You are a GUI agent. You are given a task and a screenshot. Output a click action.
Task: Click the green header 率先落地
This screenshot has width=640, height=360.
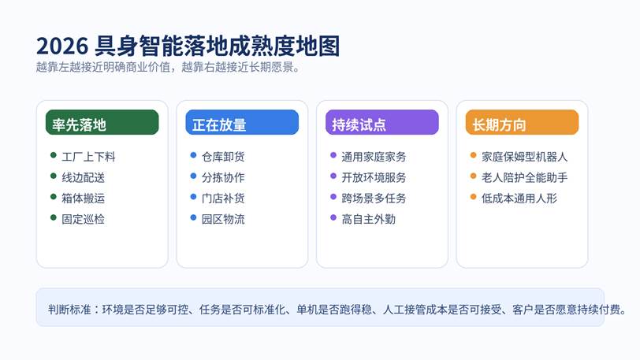pos(102,122)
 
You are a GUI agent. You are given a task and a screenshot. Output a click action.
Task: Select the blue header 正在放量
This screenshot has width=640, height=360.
pos(242,122)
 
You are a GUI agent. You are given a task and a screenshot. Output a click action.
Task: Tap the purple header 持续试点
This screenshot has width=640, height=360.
pos(382,122)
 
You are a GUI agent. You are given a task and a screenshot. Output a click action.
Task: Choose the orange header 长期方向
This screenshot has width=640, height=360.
pos(522,122)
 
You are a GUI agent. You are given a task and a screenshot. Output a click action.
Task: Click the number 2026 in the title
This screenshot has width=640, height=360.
pos(62,46)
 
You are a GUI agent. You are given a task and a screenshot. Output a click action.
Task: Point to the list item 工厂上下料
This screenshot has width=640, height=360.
pos(88,157)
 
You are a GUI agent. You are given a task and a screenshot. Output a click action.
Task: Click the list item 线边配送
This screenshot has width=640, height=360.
pos(84,177)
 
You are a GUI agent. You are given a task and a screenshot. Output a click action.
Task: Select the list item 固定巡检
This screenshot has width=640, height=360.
pos(84,219)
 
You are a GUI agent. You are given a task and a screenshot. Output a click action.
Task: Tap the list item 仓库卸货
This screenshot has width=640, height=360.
pos(223,157)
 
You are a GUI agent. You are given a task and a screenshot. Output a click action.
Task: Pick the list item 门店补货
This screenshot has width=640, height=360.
pos(223,199)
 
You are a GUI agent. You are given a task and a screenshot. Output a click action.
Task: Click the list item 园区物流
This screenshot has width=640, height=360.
pos(223,219)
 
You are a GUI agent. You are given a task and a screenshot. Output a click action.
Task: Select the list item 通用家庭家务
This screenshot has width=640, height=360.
pos(374,157)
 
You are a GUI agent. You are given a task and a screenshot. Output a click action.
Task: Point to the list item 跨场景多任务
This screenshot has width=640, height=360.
pos(374,199)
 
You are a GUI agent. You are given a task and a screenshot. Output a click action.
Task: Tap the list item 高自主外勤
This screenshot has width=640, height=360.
pos(369,219)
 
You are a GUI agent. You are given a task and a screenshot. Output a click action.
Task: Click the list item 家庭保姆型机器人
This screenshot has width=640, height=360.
pos(524,157)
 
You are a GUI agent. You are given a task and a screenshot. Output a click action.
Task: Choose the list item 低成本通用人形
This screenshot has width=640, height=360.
pos(519,199)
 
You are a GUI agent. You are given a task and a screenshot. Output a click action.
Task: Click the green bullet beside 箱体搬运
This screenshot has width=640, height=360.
pos(53,197)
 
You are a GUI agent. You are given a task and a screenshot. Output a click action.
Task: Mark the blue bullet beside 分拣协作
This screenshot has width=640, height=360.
pos(193,176)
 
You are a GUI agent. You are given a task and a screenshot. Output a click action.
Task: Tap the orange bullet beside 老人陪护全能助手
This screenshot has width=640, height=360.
pos(473,176)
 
